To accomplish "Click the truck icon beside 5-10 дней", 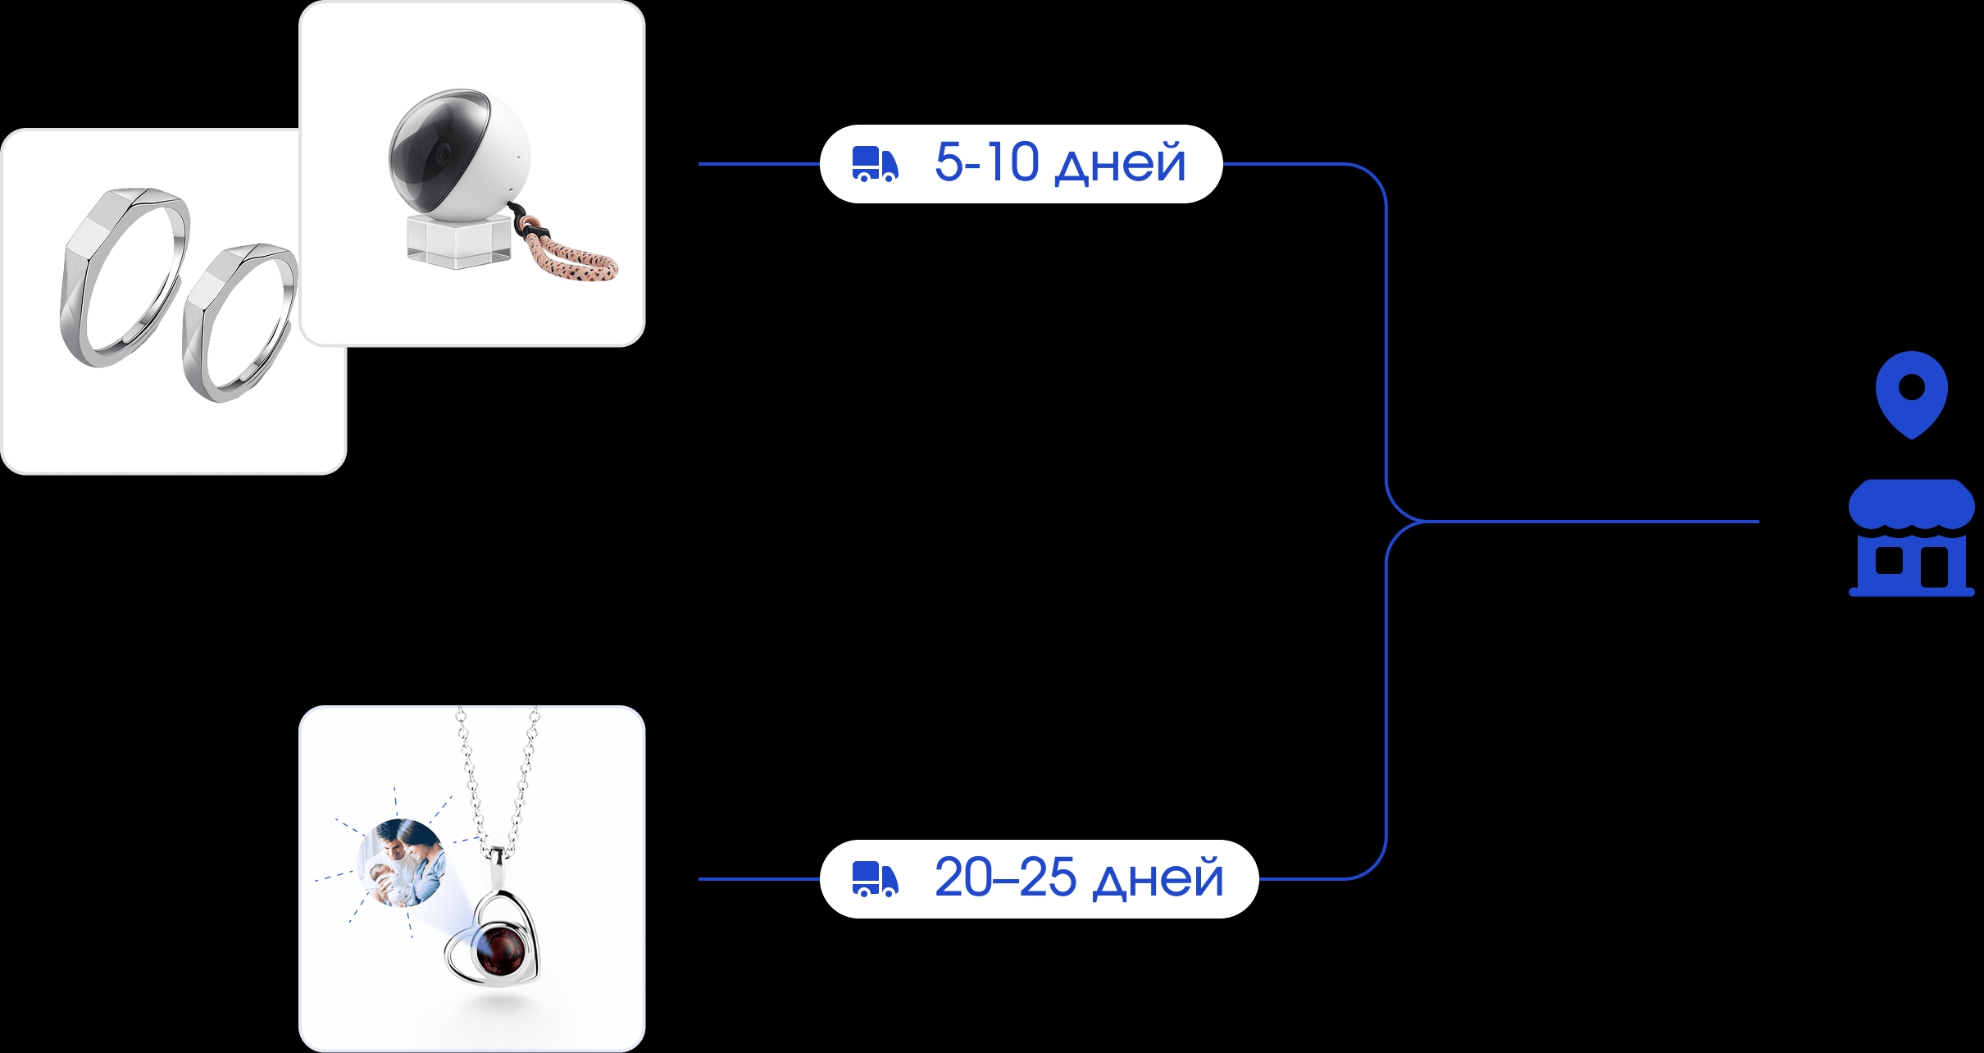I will (x=875, y=164).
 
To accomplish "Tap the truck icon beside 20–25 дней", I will (x=875, y=879).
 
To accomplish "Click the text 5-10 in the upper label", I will (x=986, y=162).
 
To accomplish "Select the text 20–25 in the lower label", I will (x=1005, y=877).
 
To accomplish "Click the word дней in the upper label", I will (x=1121, y=164).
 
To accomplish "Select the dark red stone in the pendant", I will (x=500, y=953).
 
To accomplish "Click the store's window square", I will (x=1889, y=561).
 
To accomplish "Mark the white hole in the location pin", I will (x=1911, y=386).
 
